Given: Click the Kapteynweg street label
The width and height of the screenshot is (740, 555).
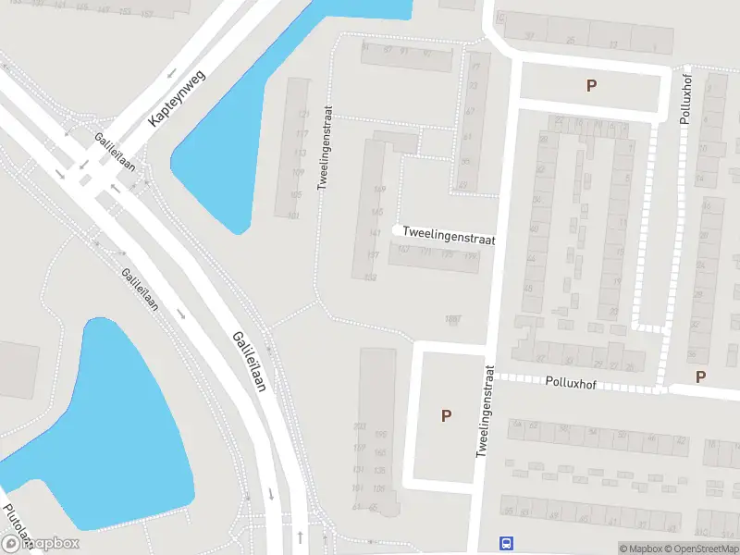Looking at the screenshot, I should tap(176, 98).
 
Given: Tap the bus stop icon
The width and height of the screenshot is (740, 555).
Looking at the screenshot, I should tap(507, 543).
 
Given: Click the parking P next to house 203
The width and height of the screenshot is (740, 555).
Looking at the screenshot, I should tap(446, 415).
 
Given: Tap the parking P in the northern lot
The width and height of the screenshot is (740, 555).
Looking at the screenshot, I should tap(591, 85).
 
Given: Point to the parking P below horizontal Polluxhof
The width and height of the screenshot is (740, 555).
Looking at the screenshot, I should tap(700, 376).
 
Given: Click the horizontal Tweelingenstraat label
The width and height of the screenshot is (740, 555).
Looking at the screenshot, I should tap(449, 239).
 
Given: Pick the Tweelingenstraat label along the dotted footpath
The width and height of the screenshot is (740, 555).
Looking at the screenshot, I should tap(323, 145).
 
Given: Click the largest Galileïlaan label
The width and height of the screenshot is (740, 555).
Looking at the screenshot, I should tap(250, 362).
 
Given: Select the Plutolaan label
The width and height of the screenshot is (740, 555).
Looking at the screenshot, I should tap(17, 525).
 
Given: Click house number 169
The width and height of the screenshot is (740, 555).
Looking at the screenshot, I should tap(377, 189).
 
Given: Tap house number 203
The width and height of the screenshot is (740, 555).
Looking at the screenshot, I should tap(360, 425).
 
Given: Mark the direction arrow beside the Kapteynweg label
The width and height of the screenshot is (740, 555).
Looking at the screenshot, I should tap(173, 78).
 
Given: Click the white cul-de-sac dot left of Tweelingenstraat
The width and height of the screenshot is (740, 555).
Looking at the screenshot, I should tap(397, 229).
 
